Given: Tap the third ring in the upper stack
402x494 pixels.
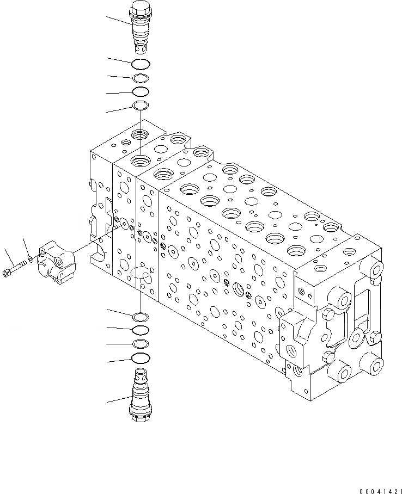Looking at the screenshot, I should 141,91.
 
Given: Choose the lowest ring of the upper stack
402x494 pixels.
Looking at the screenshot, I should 141,105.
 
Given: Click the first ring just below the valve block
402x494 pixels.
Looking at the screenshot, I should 141,317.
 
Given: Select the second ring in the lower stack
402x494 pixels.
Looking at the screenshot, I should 141,330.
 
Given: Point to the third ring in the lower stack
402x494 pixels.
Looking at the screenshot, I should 141,343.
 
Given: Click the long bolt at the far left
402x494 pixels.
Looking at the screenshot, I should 16,269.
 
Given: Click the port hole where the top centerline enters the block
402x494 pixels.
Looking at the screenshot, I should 141,160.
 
